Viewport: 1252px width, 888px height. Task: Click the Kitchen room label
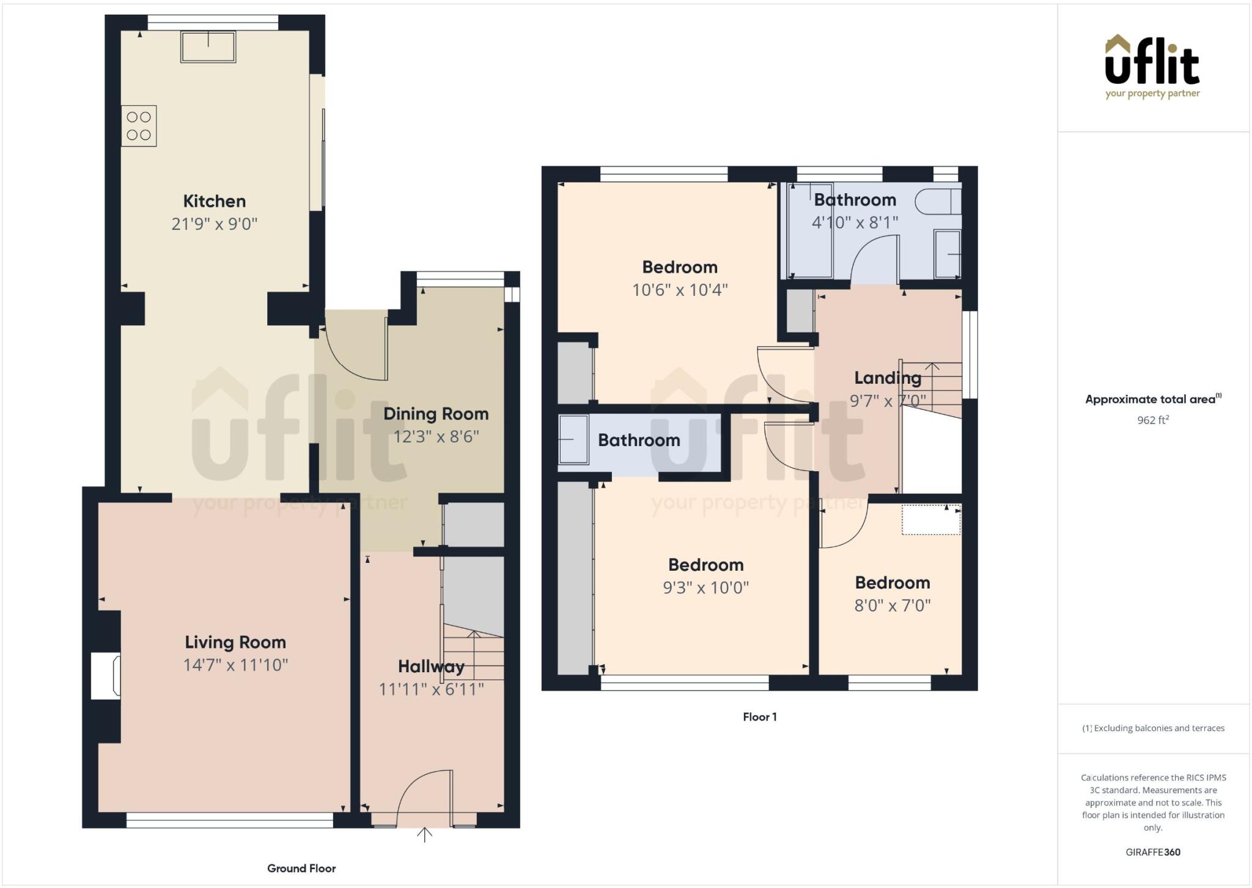(x=214, y=201)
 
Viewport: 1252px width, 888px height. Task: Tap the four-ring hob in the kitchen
(x=139, y=126)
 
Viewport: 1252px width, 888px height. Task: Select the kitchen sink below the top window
(x=208, y=47)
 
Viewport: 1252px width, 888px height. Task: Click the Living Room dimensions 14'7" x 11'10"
(x=235, y=665)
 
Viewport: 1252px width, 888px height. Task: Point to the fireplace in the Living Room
(x=106, y=675)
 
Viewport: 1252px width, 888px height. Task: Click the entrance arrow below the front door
(x=424, y=835)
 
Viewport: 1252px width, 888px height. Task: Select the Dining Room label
(x=436, y=414)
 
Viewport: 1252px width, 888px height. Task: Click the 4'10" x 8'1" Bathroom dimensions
(x=855, y=222)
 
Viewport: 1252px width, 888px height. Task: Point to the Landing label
(x=887, y=378)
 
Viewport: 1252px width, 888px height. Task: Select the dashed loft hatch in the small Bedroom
(x=930, y=519)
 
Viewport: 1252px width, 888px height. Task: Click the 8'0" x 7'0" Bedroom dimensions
(x=892, y=606)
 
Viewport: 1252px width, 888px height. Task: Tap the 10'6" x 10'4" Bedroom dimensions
(x=679, y=290)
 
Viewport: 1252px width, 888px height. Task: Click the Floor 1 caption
(x=759, y=717)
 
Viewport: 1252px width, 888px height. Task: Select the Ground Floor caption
(x=301, y=868)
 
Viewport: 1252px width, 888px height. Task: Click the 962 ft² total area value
(x=1152, y=420)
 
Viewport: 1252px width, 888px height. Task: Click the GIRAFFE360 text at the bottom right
(x=1152, y=852)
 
